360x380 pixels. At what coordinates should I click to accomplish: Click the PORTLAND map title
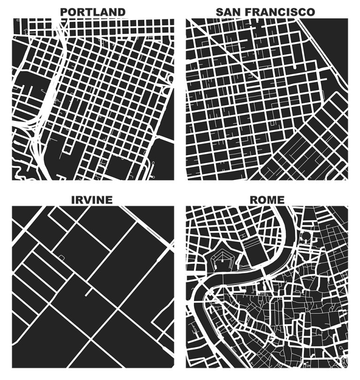[x=93, y=12]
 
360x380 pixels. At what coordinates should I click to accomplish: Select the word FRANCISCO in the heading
[x=282, y=12]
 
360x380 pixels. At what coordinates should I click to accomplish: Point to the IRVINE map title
[x=92, y=200]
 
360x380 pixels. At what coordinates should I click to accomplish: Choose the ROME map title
[x=267, y=200]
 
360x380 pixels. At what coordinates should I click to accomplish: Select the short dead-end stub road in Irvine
[x=87, y=293]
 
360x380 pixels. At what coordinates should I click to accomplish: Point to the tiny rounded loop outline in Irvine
[x=61, y=257]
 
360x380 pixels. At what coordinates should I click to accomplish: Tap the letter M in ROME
[x=272, y=200]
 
